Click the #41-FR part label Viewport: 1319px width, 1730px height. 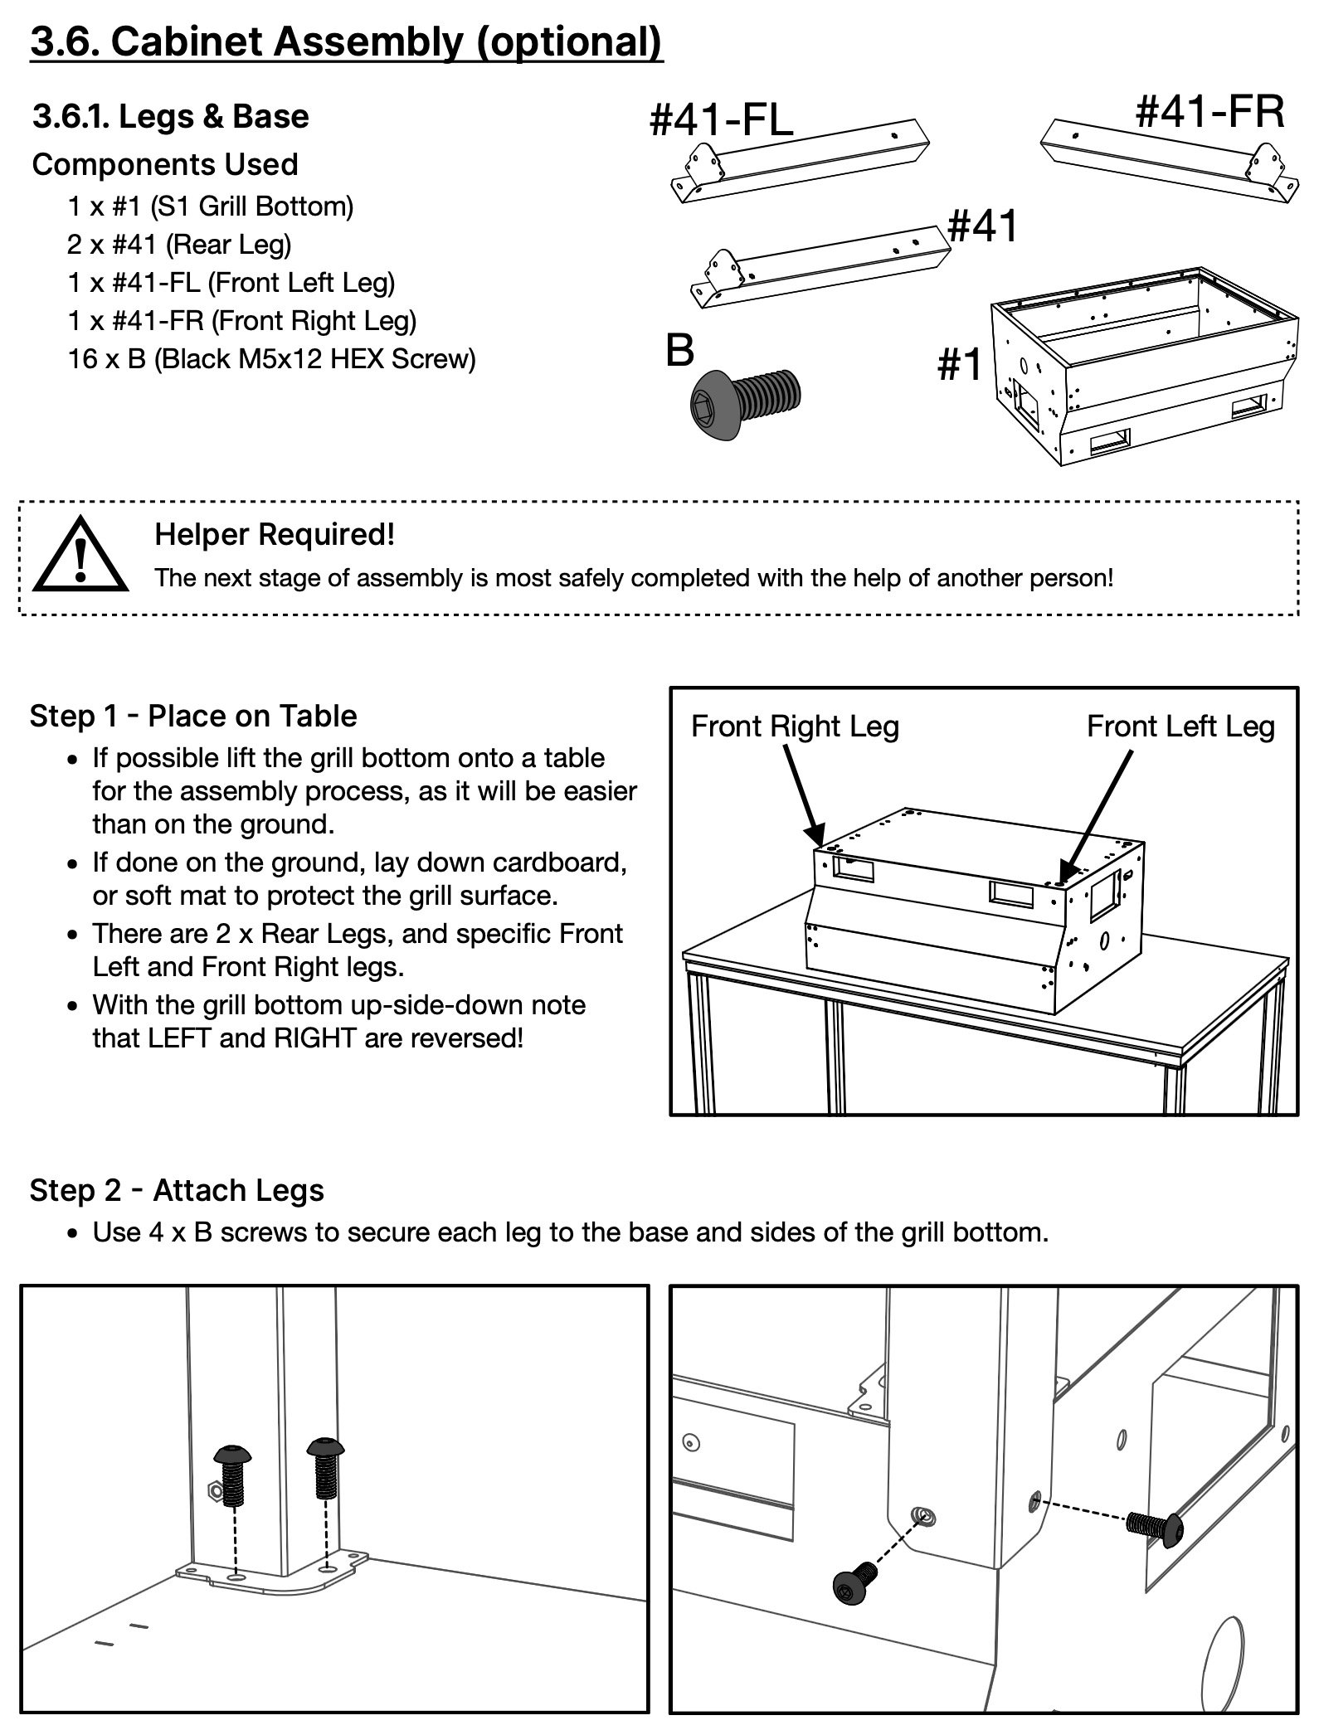point(1209,111)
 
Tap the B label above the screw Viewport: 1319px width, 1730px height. point(679,350)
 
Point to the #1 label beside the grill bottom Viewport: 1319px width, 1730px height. point(959,364)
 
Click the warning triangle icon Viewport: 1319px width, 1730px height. point(80,553)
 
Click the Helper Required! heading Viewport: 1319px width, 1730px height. point(275,535)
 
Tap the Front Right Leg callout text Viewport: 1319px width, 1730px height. point(795,727)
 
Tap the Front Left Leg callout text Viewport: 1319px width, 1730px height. point(1180,727)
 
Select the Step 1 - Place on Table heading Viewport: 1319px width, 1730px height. point(193,716)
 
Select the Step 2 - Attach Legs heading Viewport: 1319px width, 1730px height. point(177,1191)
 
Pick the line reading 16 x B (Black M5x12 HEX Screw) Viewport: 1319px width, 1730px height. point(272,359)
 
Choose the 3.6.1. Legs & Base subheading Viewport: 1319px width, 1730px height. point(171,117)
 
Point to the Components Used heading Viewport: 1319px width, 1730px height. point(165,165)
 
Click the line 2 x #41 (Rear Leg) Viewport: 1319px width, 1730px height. point(179,245)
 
